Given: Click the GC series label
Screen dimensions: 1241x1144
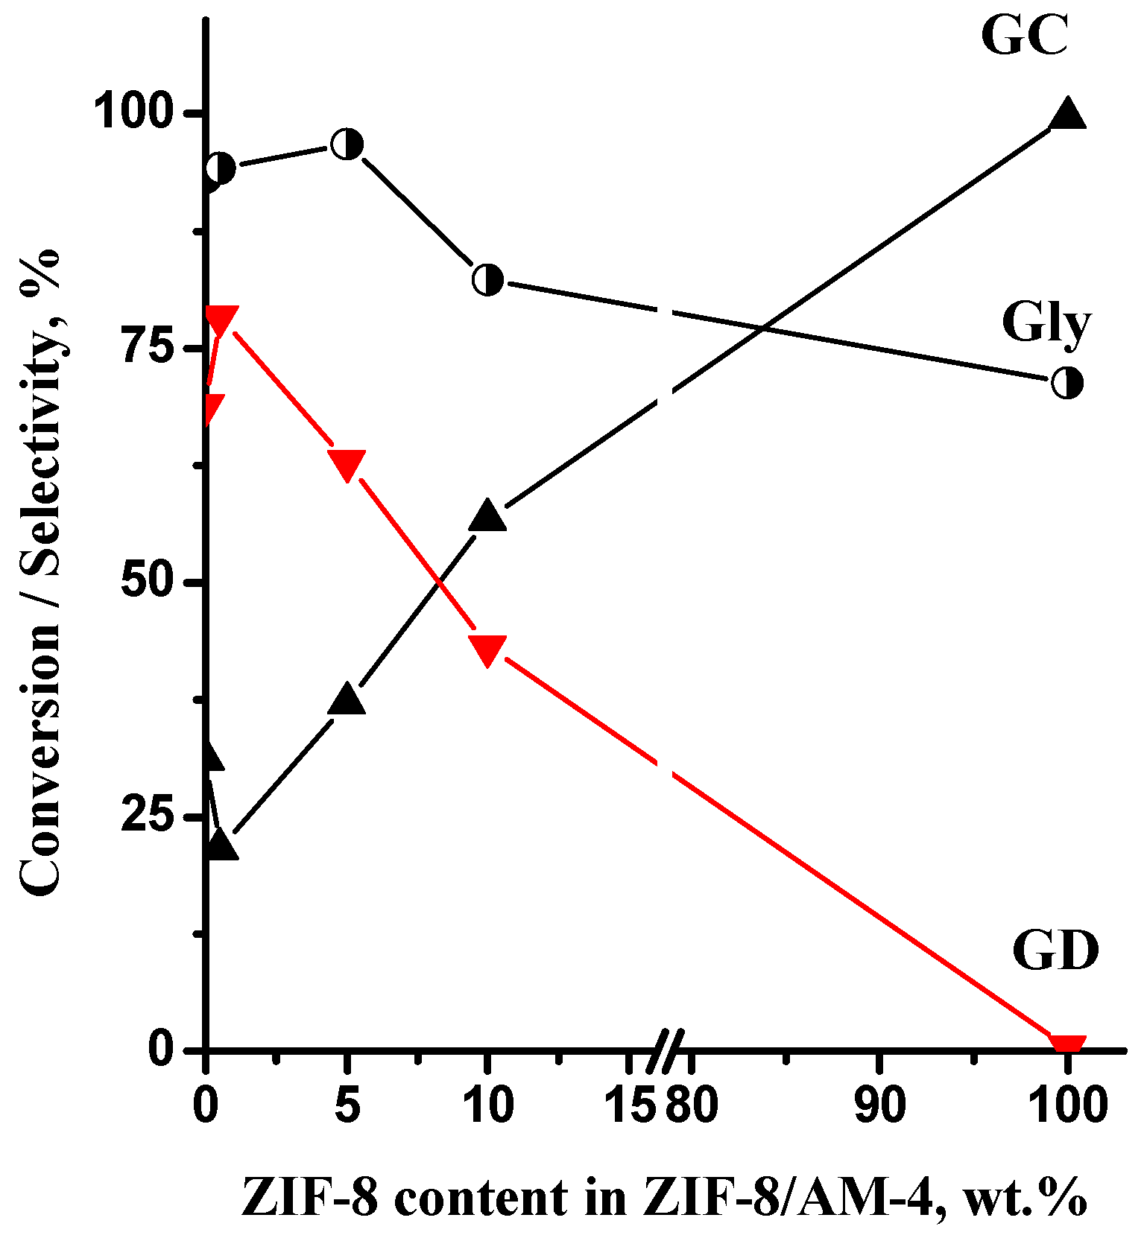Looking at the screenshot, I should click(x=1025, y=35).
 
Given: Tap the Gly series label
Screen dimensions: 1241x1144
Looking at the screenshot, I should click(x=1045, y=323).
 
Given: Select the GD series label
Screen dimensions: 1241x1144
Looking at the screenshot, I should click(x=1055, y=951).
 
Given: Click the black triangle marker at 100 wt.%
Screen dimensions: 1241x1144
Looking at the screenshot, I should click(x=1067, y=115).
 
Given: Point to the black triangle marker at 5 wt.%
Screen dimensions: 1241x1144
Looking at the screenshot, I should click(x=347, y=700).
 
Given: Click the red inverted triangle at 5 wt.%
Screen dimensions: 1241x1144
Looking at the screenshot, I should click(x=347, y=465).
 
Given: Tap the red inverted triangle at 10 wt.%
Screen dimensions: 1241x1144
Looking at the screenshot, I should click(x=487, y=650).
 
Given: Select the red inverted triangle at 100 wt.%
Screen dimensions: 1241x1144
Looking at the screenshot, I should click(x=1067, y=1044).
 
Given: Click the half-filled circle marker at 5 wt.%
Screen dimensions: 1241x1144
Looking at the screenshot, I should click(x=347, y=144).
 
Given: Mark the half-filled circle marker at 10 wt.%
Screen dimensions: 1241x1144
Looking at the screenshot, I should click(x=487, y=279).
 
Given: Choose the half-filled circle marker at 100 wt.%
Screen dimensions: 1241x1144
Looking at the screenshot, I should click(x=1067, y=384).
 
